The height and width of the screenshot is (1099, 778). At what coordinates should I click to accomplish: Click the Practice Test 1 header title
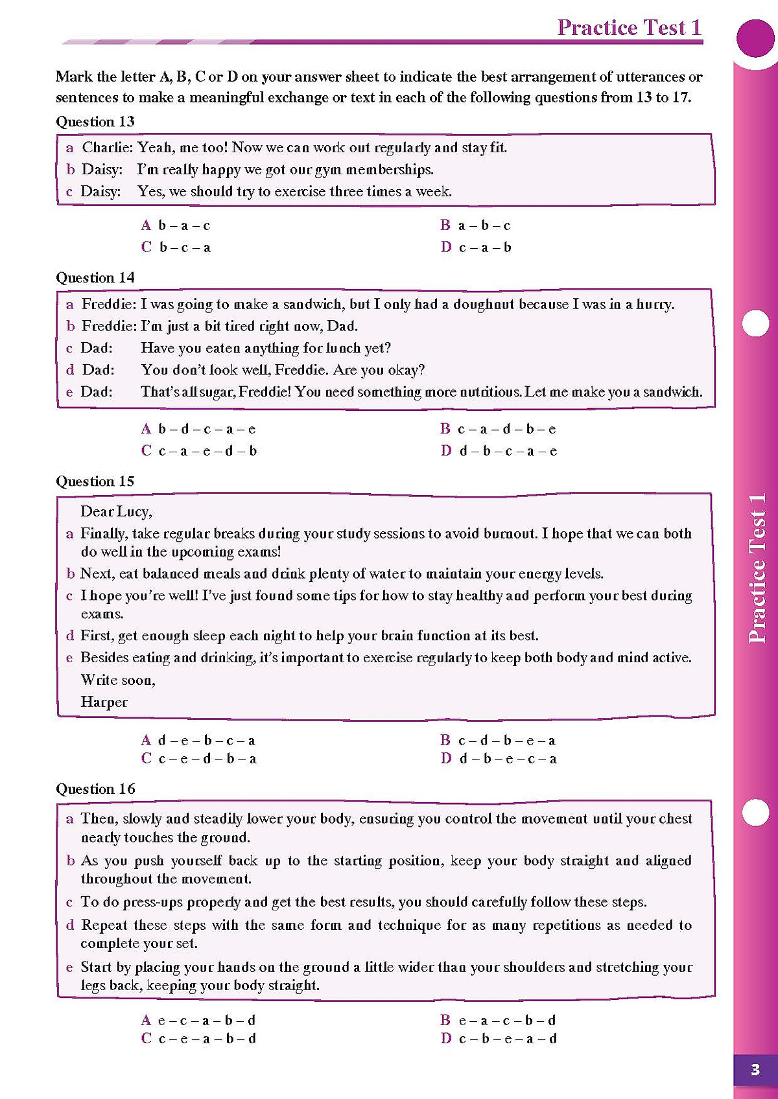(629, 27)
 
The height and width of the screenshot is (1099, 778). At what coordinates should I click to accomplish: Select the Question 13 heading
(95, 122)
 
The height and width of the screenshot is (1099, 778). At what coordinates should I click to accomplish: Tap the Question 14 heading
(95, 278)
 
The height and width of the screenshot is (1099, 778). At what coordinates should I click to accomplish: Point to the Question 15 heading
(95, 481)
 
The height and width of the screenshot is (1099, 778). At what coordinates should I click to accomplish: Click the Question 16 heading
(95, 789)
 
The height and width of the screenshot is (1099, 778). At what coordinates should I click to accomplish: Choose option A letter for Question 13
(146, 226)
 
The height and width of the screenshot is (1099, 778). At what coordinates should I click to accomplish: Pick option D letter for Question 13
(446, 247)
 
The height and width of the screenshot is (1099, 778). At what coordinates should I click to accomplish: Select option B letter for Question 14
(445, 429)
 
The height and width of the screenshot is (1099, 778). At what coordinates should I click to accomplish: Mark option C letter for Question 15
(146, 759)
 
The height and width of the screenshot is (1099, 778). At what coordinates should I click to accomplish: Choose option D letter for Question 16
(446, 1039)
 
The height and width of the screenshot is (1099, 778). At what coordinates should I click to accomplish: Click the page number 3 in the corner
(755, 1070)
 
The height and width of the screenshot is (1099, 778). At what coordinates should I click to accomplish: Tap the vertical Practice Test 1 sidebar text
(757, 568)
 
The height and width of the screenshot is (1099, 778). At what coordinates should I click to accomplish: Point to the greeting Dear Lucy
(116, 512)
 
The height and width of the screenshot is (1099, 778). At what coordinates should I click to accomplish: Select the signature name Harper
(104, 702)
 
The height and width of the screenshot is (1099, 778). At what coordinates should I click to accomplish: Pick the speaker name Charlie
(106, 148)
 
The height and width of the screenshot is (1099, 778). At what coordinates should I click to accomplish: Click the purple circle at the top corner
(755, 37)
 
